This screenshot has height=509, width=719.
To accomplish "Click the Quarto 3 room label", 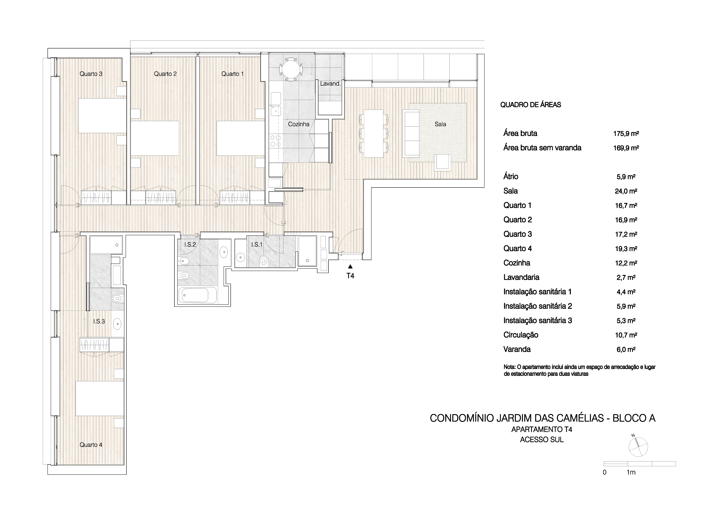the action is click(91, 74).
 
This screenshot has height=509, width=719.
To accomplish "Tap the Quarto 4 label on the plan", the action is click(91, 445).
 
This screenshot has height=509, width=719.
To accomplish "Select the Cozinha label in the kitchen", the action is click(299, 124).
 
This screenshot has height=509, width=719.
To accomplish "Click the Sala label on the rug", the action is click(440, 124).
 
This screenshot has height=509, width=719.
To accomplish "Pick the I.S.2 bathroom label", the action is click(190, 244).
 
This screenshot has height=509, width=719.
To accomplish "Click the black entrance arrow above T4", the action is click(350, 267).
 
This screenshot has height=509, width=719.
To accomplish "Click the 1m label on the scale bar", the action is click(631, 472).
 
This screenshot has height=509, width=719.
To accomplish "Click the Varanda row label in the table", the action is click(517, 349).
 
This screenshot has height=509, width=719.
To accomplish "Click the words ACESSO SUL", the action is click(542, 440).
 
